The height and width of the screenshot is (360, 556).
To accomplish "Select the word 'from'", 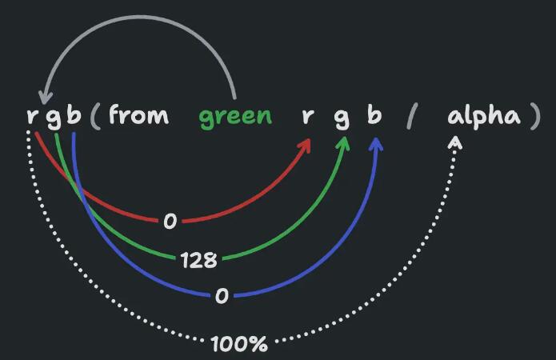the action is [138, 114].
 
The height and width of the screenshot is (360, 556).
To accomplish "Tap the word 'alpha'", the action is [484, 115].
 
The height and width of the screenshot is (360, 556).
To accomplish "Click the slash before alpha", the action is [412, 116].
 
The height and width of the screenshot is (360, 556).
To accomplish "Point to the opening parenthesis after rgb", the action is [95, 116].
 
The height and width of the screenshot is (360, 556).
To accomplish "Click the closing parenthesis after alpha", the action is [535, 116].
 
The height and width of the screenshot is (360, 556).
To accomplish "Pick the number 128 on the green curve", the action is [198, 260].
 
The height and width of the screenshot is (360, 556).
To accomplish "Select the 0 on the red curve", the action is [170, 222].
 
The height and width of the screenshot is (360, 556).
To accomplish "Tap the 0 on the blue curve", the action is [222, 296].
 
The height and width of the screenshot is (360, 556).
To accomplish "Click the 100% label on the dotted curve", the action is [239, 344].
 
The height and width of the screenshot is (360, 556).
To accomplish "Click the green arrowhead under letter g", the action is [343, 143].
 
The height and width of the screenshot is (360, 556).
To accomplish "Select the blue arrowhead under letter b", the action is [376, 144].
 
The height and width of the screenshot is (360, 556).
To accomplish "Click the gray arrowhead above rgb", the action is [45, 97].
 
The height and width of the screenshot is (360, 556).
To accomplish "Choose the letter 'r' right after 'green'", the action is [308, 116].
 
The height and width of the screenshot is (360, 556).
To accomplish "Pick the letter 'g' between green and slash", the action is [342, 118].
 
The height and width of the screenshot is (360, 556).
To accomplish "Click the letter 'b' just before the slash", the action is [374, 114].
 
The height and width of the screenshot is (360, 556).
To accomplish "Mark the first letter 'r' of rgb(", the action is [32, 116].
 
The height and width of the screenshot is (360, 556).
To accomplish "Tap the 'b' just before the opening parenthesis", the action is [74, 114].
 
